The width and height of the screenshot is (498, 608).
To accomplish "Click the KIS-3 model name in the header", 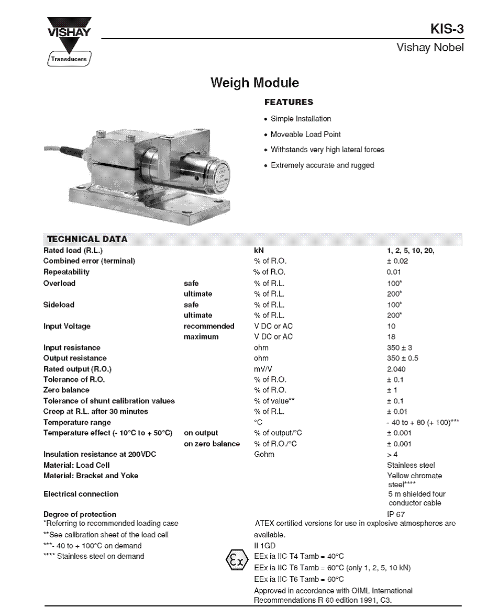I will point(447,29).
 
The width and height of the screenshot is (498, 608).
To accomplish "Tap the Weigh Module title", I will point(254,83).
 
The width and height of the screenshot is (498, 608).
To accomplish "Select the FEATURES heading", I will point(289,102).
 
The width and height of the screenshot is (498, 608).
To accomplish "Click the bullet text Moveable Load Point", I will point(305,134).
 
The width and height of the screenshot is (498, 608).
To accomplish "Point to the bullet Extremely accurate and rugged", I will point(322,165).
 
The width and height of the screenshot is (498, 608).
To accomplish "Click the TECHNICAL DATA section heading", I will point(87,239).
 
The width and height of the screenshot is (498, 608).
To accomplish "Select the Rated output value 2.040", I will point(396,369).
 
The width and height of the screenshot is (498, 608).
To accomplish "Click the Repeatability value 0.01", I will point(394,272).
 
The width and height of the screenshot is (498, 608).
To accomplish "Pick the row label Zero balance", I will point(66,390).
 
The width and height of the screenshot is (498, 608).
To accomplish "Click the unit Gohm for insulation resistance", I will point(264,454).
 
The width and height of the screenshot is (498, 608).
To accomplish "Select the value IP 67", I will point(396,514).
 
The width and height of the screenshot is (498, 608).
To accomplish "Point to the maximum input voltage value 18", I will point(391,337).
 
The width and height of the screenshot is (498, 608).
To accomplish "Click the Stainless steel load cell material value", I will point(411,465).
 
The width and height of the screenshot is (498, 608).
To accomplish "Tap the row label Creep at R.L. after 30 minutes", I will point(95,412).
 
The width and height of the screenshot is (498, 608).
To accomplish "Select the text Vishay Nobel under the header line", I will point(430,48).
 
